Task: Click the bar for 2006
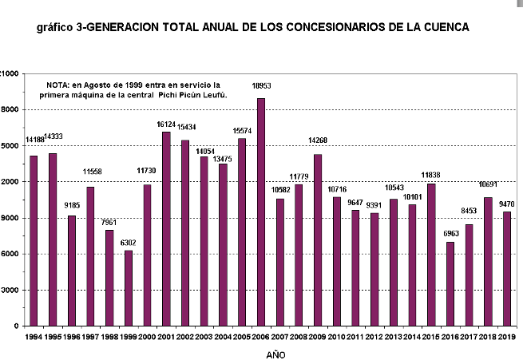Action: point(261,212)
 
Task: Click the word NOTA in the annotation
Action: point(58,84)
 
